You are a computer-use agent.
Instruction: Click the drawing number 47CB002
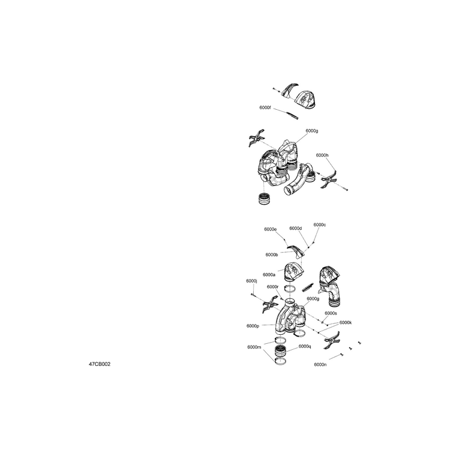[100, 364]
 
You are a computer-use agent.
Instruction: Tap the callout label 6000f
[265, 107]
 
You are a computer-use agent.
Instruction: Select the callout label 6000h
[322, 155]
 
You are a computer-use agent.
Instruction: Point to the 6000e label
[271, 229]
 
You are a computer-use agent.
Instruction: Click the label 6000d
[296, 228]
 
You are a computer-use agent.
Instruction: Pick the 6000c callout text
[320, 225]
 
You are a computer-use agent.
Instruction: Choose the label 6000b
[272, 254]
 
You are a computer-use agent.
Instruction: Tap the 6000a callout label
[269, 275]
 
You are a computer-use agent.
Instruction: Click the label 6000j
[251, 281]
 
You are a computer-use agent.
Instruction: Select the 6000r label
[272, 287]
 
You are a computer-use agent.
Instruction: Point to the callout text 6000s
[331, 313]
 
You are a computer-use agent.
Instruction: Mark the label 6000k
[346, 323]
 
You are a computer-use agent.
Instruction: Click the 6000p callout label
[253, 326]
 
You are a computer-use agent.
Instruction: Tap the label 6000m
[254, 347]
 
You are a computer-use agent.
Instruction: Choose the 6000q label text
[305, 346]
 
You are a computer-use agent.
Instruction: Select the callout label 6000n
[320, 364]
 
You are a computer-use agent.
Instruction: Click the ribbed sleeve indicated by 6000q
[280, 351]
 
